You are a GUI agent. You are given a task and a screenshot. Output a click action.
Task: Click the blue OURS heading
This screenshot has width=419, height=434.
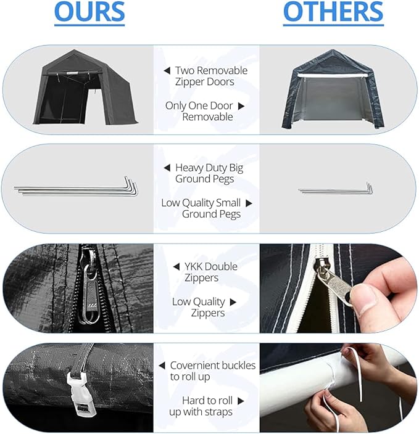click(x=89, y=12)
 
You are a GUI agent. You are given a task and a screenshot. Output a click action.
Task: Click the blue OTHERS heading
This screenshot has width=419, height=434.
click(x=333, y=12)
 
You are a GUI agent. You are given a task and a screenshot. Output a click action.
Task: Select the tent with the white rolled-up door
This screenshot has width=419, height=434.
click(x=333, y=89)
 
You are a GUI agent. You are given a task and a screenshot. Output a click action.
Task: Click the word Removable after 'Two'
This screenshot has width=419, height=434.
click(x=225, y=70)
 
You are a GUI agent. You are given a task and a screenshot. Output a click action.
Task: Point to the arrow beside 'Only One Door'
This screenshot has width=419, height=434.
click(x=241, y=106)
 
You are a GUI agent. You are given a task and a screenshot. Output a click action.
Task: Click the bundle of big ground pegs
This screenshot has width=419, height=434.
click(x=76, y=188)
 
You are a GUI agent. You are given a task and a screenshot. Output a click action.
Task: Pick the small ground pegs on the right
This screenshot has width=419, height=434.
click(x=336, y=189)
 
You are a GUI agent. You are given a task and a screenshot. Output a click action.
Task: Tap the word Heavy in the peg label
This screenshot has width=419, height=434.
click(x=186, y=168)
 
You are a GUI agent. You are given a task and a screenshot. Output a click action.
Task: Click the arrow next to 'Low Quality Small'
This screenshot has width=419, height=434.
click(x=249, y=203)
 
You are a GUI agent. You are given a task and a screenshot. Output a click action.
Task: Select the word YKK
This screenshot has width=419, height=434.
click(x=194, y=266)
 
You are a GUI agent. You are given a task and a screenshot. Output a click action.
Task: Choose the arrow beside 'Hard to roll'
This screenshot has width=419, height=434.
click(x=241, y=401)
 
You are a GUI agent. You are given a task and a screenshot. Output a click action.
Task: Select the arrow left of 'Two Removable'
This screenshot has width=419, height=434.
click(x=167, y=71)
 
